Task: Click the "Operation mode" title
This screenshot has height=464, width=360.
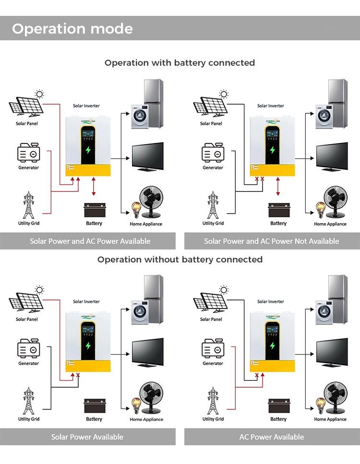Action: point(72,29)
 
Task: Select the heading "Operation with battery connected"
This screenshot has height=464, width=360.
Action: point(180,63)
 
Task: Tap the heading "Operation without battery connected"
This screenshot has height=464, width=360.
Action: point(180,260)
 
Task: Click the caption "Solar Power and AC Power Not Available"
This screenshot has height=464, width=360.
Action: point(271,241)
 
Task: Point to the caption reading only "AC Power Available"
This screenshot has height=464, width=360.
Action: point(271,437)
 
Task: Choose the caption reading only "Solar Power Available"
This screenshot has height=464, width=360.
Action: point(87,437)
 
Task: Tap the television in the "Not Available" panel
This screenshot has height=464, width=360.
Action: point(332,157)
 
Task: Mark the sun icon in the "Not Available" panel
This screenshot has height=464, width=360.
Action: point(224,94)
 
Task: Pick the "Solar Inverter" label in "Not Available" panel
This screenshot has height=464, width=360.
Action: point(270,106)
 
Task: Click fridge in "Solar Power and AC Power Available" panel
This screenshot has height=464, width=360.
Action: point(154,96)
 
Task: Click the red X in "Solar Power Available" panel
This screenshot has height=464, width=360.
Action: point(78,375)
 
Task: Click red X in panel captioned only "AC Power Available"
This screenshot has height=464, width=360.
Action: point(257,375)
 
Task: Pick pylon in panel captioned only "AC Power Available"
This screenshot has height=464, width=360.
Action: point(213,401)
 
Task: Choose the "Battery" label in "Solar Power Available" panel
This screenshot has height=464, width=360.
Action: point(94,419)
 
